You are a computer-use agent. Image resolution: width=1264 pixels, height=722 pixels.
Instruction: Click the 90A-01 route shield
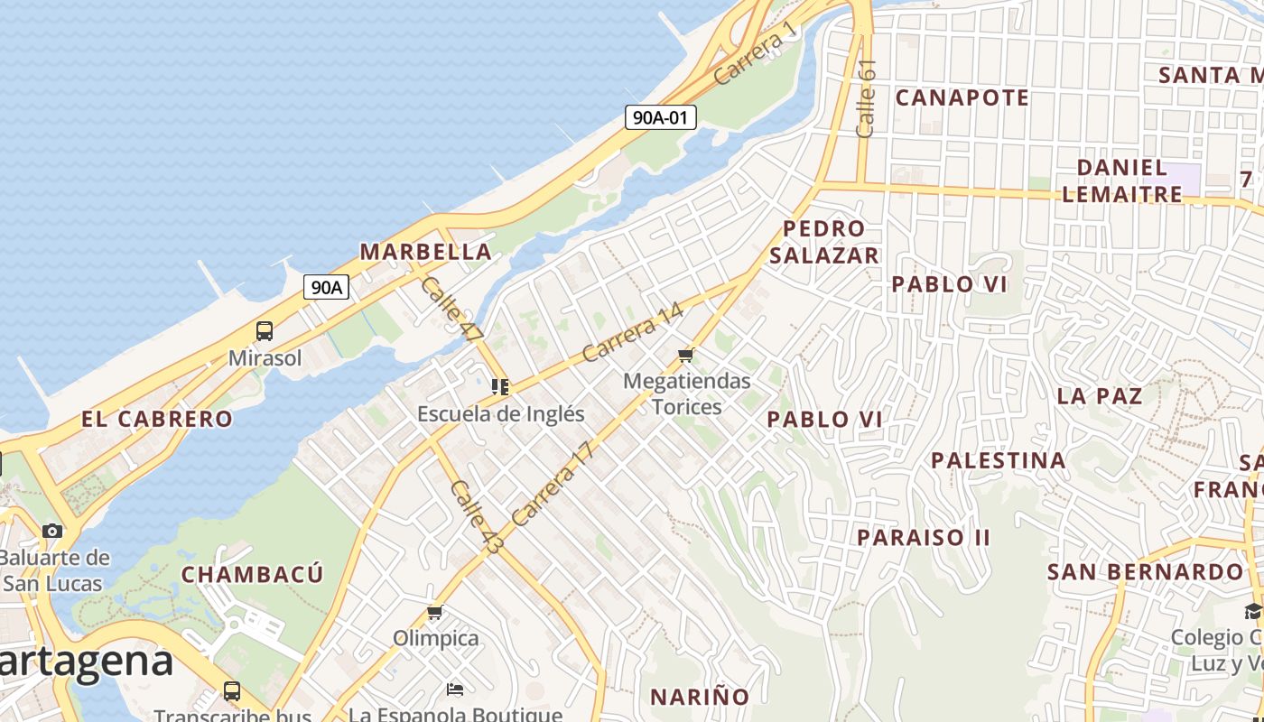click(660, 116)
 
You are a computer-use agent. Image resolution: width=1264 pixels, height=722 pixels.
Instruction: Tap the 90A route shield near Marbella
click(326, 287)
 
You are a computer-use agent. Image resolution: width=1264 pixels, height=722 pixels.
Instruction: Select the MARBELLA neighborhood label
click(426, 252)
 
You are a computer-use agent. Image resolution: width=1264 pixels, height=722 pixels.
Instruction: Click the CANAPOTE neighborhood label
click(962, 97)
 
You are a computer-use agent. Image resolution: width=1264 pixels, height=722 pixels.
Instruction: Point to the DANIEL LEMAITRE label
click(1122, 180)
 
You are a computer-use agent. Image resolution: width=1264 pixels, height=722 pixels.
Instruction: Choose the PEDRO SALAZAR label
click(824, 242)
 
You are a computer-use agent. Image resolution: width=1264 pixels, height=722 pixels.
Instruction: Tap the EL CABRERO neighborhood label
click(157, 419)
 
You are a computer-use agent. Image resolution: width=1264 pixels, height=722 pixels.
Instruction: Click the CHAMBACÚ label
click(252, 575)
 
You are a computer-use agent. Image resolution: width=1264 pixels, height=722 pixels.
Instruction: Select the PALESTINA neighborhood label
click(999, 460)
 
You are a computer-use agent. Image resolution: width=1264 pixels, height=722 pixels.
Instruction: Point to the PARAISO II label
click(924, 538)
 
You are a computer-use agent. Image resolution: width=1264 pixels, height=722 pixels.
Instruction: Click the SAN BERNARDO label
click(1145, 572)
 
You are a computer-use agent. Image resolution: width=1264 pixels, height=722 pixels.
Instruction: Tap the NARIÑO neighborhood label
click(700, 697)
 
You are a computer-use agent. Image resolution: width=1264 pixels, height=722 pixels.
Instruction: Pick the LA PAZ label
click(1099, 395)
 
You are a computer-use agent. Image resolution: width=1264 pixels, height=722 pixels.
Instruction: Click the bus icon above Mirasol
click(265, 331)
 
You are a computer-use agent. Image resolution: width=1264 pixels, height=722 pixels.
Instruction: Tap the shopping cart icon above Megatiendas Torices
click(686, 355)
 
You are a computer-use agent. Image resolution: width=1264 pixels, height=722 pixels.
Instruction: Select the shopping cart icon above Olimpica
click(435, 613)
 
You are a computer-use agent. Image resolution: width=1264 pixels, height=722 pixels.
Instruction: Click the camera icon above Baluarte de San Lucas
click(53, 531)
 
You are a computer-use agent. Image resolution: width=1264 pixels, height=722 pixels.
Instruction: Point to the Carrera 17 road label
click(553, 484)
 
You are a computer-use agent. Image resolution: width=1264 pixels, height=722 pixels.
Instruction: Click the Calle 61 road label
click(866, 99)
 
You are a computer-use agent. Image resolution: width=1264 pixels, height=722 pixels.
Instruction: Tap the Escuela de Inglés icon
click(500, 387)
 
